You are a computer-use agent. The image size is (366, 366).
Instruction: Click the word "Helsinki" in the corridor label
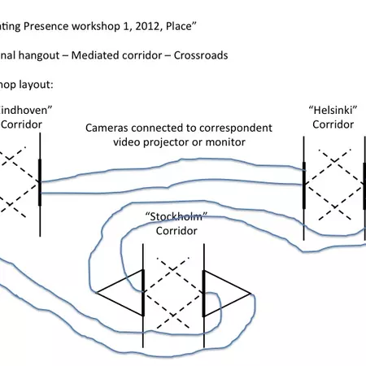[333, 110]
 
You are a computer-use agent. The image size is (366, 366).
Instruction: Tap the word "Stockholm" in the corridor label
[172, 216]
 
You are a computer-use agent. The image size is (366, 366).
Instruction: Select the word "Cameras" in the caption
[110, 129]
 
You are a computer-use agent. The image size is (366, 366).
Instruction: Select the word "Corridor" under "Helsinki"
[333, 124]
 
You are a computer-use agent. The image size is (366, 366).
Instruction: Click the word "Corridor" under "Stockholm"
[172, 229]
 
